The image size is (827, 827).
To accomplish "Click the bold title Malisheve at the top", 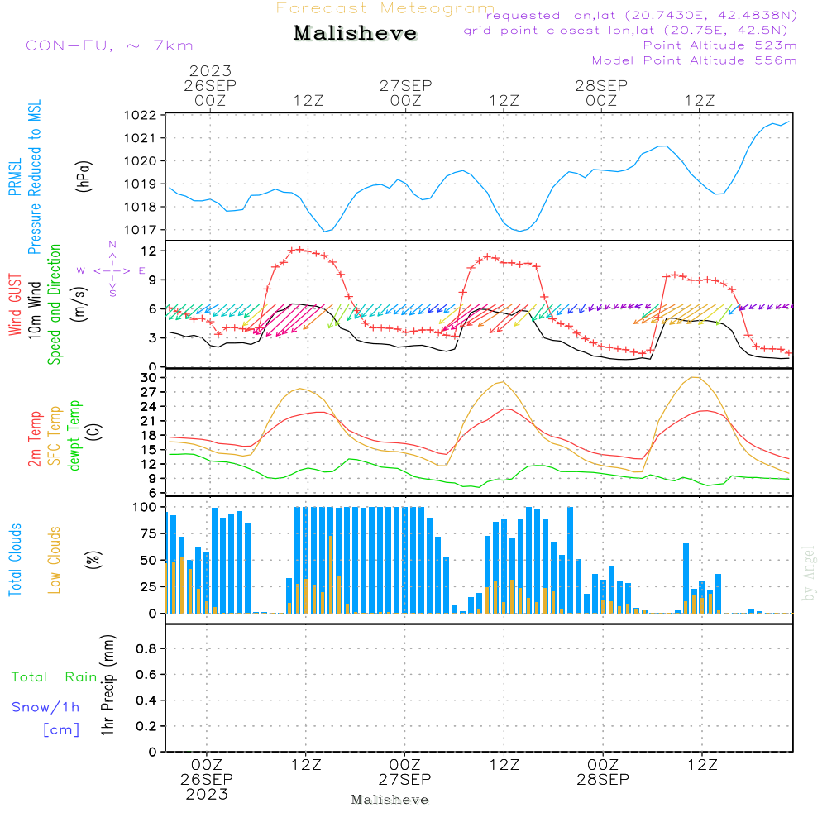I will point(355,34).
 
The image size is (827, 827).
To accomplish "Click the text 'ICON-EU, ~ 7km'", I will point(106,45).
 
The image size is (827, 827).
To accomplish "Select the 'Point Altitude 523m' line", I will point(719,45).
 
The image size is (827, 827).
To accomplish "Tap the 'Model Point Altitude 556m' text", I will point(694,60).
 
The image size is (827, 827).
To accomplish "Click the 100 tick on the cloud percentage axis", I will point(146,507).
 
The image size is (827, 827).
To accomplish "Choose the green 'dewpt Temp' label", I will point(74,436).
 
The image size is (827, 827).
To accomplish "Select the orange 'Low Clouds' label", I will point(55,558).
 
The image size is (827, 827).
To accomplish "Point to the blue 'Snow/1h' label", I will point(45,707).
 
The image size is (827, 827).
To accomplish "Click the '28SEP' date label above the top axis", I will point(601,85).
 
